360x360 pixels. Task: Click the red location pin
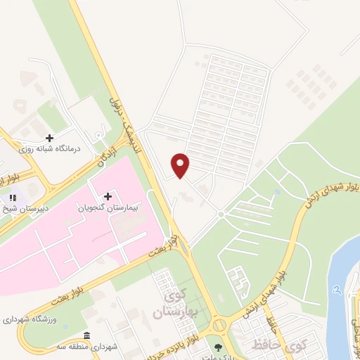coord(181,165)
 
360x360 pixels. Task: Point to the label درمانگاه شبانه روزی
coord(49,149)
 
